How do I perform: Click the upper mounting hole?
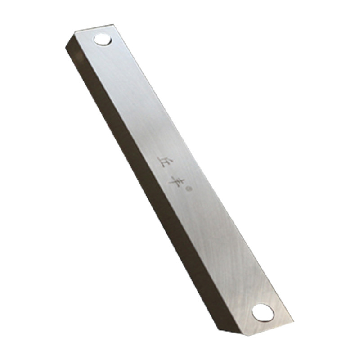[103, 40]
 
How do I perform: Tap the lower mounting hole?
[263, 313]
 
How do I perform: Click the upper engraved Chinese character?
[163, 162]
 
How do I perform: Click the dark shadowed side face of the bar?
[142, 184]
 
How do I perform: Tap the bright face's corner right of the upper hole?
[113, 24]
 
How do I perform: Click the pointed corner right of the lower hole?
[293, 320]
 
